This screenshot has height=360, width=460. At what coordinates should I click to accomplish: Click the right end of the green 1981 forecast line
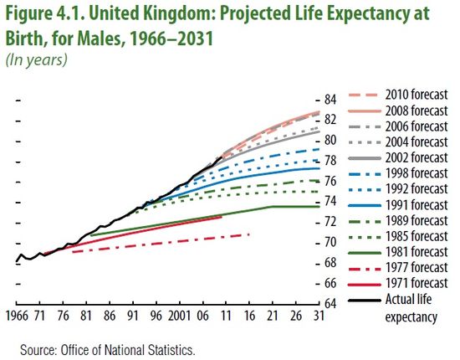tap(315, 206)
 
